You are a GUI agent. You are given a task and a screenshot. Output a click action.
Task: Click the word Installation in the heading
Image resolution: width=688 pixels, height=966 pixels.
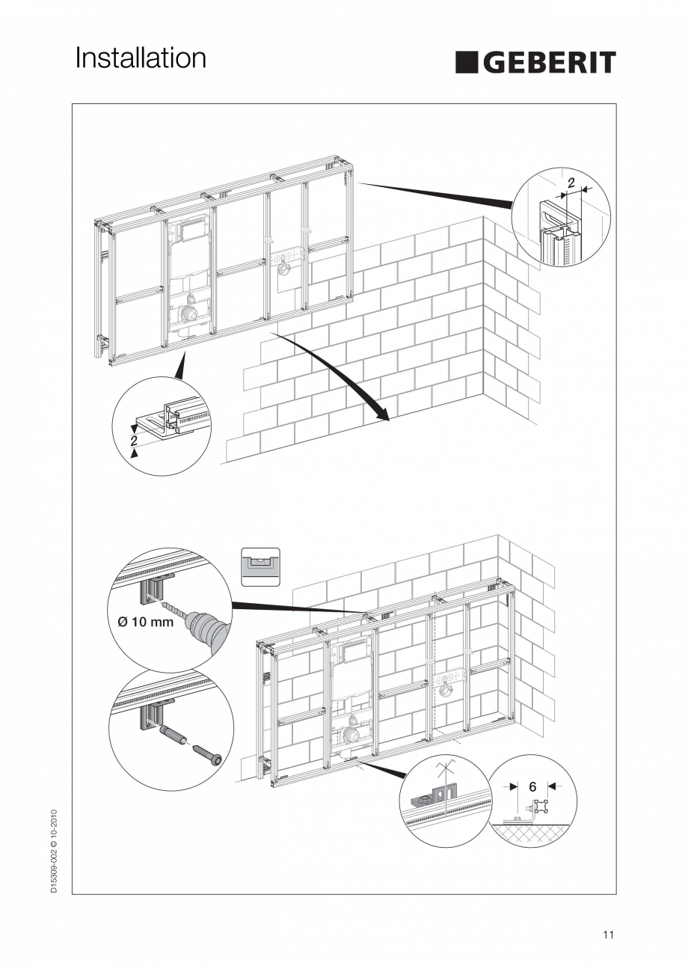[x=141, y=58]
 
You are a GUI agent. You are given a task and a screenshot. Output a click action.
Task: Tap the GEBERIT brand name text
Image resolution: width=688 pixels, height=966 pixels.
[x=550, y=63]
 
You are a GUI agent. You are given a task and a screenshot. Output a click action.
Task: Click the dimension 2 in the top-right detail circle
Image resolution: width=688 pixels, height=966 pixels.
[x=571, y=183]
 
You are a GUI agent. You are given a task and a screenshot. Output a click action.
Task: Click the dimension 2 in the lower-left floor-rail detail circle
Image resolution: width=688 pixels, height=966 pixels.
[x=134, y=441]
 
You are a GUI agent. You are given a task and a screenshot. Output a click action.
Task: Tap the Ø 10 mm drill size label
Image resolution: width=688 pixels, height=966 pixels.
[x=145, y=622]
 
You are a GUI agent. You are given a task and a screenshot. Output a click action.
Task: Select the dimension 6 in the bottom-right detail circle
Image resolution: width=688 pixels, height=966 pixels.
[x=532, y=787]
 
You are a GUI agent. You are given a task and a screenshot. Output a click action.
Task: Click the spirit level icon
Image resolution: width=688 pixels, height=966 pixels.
[x=260, y=567]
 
